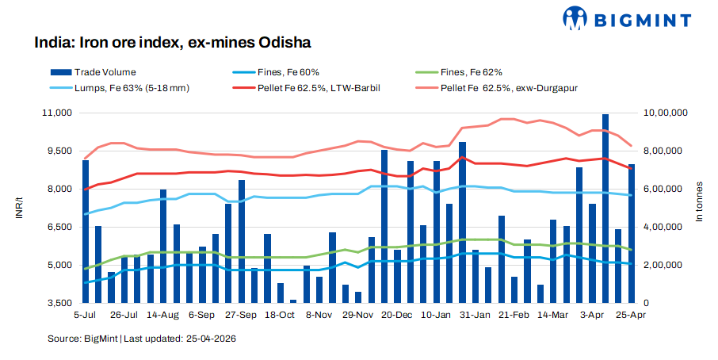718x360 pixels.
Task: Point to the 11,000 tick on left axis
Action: tap(57, 113)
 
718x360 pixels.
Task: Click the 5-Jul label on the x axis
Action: tap(86, 315)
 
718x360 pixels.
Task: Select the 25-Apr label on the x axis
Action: tap(631, 315)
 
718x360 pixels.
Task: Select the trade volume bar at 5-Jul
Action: tap(86, 231)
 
